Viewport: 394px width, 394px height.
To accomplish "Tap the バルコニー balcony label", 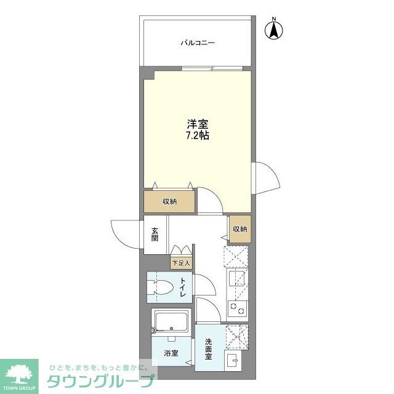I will coord(198,43).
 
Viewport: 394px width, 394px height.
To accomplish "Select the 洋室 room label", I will coord(198,123).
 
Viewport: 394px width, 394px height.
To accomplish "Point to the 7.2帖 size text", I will coord(198,135).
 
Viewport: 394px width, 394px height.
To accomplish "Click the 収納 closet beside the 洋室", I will coord(170,202).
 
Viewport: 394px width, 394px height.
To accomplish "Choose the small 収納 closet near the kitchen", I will coord(239,229).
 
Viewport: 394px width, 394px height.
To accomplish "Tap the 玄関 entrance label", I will coord(154,234).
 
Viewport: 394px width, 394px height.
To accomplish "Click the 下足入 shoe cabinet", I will coord(181,263).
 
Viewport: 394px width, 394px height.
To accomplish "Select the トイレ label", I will coord(183,288).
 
